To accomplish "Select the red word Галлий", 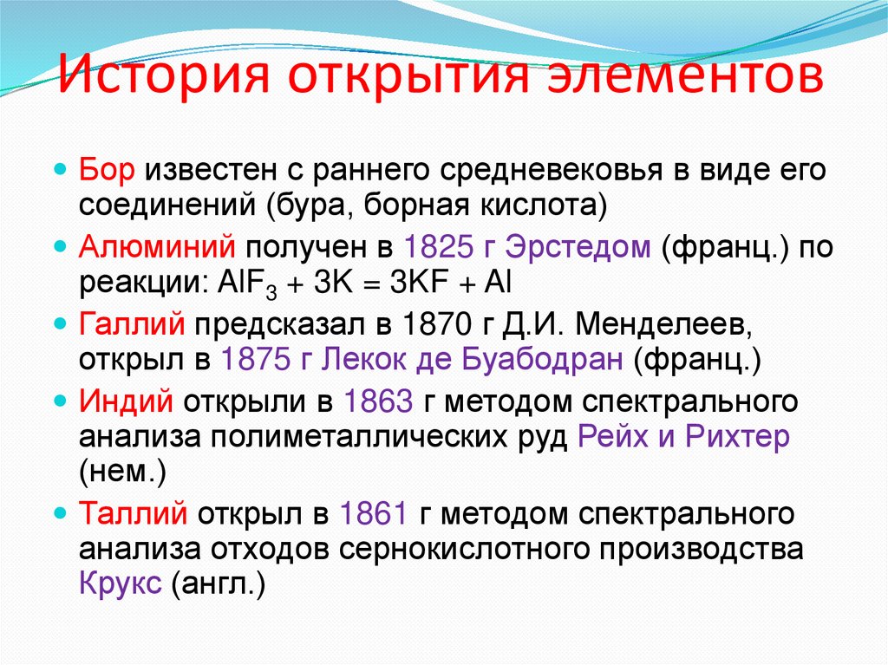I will [131, 323].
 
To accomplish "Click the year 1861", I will [374, 513].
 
